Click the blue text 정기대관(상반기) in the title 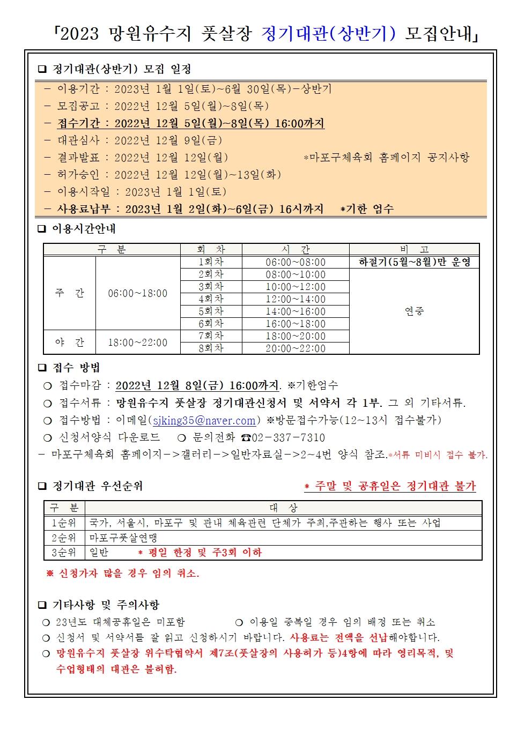329,34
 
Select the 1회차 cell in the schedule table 211,262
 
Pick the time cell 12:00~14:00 295,299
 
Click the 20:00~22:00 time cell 295,348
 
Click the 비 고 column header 414,250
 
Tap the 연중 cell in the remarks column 414,311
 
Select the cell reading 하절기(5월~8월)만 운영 414,262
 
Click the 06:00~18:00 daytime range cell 137,293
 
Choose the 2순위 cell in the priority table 64,538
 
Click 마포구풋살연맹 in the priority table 123,538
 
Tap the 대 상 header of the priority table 283,508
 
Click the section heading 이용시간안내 84,229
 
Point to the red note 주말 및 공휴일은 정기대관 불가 390,486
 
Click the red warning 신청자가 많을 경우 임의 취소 123,574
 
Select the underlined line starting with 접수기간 190,123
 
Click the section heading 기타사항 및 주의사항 106,605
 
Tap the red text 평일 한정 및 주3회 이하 200,553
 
